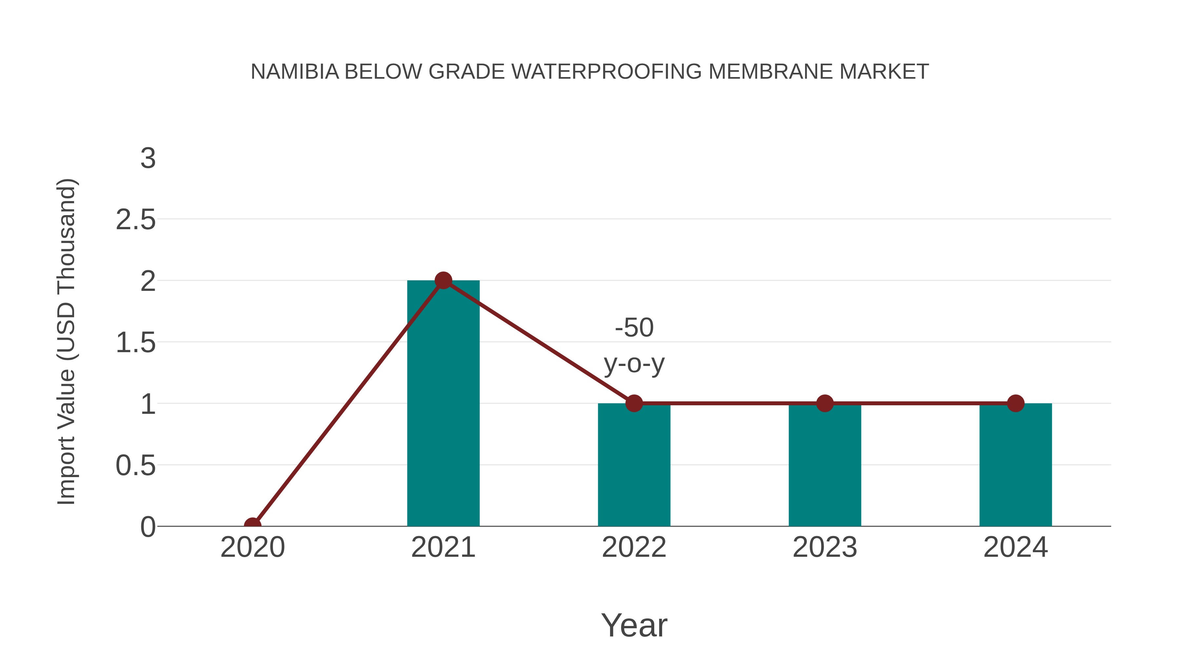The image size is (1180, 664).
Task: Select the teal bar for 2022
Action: pyautogui.click(x=634, y=465)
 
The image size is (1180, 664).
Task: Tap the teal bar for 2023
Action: pyautogui.click(x=825, y=465)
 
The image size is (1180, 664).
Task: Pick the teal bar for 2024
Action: pyautogui.click(x=1015, y=465)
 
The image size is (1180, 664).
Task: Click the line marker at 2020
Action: pyautogui.click(x=252, y=525)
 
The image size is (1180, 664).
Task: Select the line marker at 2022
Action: pyautogui.click(x=634, y=403)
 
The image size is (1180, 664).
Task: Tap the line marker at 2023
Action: pyautogui.click(x=825, y=403)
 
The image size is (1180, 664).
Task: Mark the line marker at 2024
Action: pyautogui.click(x=1015, y=403)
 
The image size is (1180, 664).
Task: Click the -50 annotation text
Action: pyautogui.click(x=634, y=328)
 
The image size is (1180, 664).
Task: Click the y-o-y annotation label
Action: pyautogui.click(x=634, y=364)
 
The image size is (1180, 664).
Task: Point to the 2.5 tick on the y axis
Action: pyautogui.click(x=136, y=220)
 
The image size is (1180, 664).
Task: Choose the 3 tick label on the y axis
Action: pyautogui.click(x=148, y=159)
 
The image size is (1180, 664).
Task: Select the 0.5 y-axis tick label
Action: pyautogui.click(x=136, y=466)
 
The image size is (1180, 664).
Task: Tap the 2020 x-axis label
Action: pyautogui.click(x=252, y=547)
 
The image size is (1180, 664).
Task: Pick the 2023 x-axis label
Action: pyautogui.click(x=825, y=547)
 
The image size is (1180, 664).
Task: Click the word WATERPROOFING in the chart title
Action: pyautogui.click(x=606, y=71)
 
